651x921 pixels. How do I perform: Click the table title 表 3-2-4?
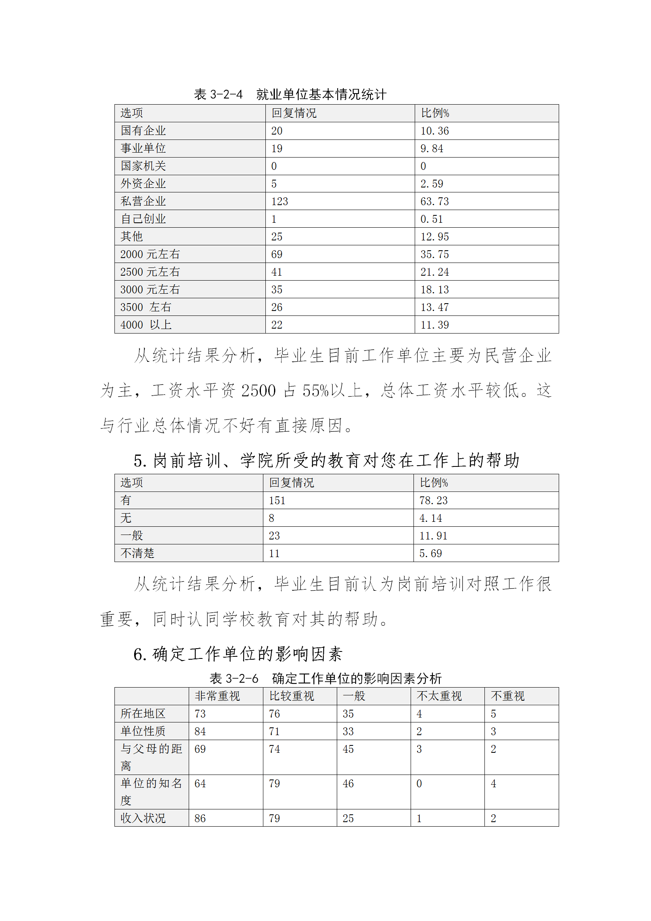pos(218,94)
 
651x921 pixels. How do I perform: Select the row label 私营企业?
pos(143,201)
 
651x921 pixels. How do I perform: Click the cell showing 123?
pos(279,201)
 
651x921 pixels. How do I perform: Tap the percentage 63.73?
pos(434,201)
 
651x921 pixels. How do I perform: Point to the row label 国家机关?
pos(143,166)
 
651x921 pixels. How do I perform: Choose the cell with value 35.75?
pos(434,254)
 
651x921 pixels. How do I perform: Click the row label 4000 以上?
pos(146,325)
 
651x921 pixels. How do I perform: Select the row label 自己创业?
pos(143,219)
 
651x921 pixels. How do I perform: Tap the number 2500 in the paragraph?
pos(258,391)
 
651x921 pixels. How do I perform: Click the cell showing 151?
pos(277,500)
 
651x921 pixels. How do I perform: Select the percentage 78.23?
pos(433,500)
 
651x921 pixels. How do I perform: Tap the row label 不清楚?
pos(137,553)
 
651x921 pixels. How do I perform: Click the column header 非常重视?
pos(217,696)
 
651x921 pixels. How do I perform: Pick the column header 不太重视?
pos(439,696)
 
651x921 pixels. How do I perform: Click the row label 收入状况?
pos(143,818)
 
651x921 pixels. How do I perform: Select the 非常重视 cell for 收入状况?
pos(200,818)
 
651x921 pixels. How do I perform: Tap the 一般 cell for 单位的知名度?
pos(348,784)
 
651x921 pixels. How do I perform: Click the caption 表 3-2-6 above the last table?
pos(234,679)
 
